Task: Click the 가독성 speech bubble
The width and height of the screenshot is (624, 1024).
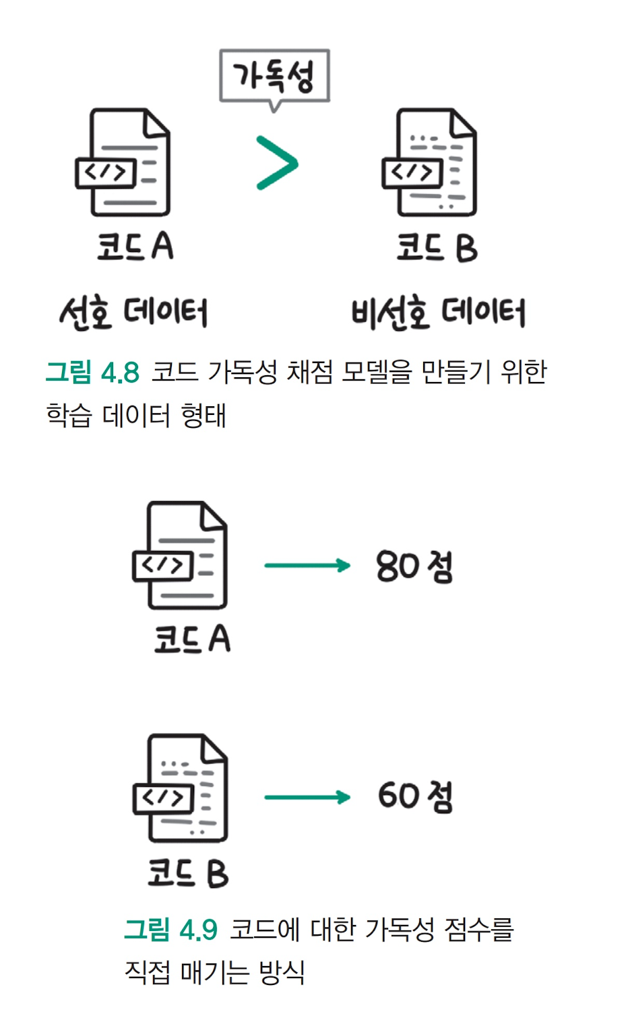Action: (274, 76)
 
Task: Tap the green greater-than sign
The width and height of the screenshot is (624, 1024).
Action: (277, 163)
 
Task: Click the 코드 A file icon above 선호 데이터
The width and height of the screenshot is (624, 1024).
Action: (123, 163)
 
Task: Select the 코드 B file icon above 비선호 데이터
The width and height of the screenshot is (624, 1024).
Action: (430, 163)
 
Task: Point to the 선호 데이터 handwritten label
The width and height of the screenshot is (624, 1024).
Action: (133, 313)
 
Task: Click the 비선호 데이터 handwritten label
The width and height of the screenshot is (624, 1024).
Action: (438, 313)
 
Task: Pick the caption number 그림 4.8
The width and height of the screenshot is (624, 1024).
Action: (92, 372)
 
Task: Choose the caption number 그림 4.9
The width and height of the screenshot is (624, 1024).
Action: (171, 930)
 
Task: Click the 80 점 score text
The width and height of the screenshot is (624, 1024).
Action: (414, 566)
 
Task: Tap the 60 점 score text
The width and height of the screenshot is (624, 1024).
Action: (415, 796)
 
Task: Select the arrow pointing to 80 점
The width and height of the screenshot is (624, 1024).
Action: (307, 565)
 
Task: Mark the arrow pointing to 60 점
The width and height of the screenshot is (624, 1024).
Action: (307, 798)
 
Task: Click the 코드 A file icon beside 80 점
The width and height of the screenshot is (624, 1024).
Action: (181, 556)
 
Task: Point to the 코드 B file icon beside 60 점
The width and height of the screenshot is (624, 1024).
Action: (181, 788)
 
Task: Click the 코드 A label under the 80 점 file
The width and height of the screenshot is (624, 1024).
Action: (192, 639)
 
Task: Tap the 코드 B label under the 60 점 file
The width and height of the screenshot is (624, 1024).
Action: (189, 872)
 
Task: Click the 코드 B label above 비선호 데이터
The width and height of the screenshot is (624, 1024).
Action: (437, 247)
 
